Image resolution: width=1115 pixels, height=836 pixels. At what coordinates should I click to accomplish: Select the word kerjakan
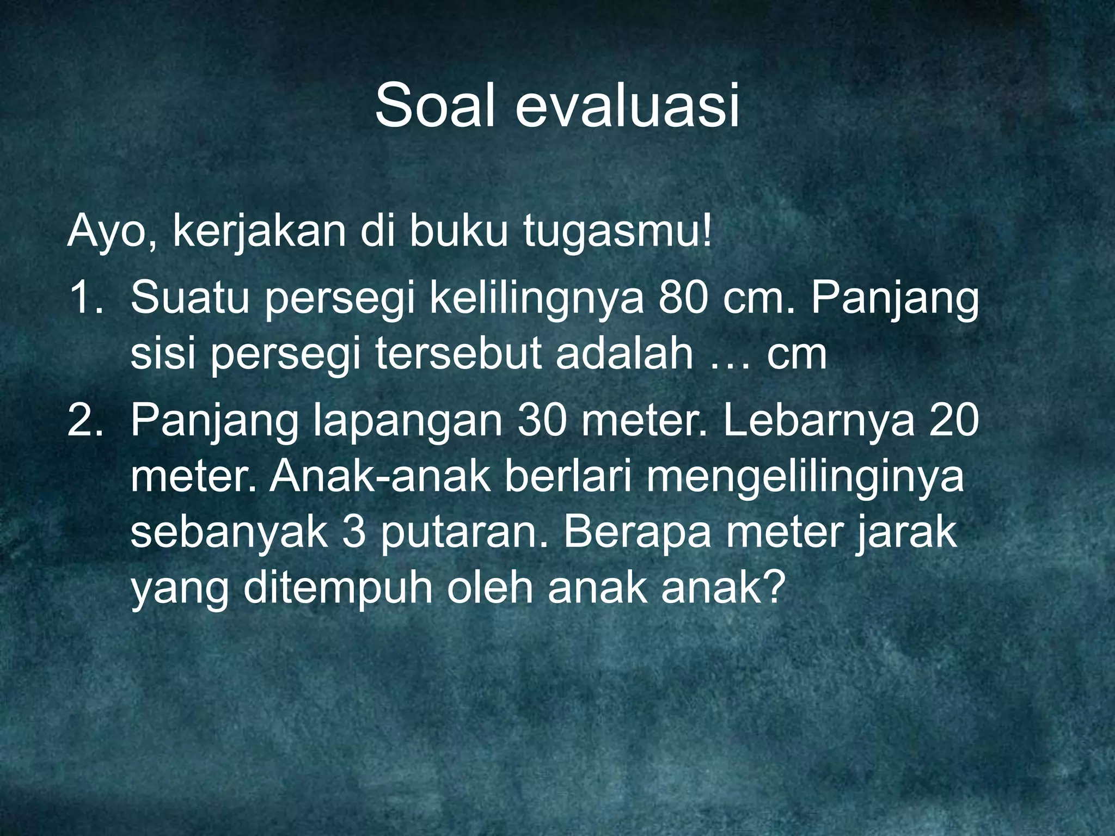pyautogui.click(x=259, y=232)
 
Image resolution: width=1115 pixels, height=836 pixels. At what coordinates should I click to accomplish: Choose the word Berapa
pyautogui.click(x=638, y=533)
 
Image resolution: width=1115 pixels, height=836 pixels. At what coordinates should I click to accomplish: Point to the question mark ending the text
pyautogui.click(x=773, y=588)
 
